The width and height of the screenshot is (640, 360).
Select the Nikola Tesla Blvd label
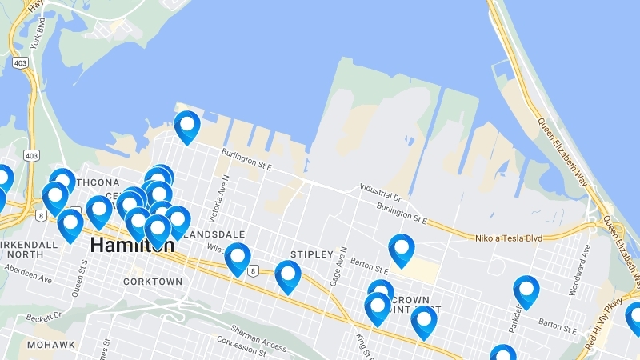(508, 238)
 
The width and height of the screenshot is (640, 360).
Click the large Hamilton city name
(131, 246)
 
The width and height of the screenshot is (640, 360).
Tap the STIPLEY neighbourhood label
(311, 254)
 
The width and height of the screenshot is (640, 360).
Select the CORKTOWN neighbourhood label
(153, 282)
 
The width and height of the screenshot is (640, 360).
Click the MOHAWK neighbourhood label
(50, 345)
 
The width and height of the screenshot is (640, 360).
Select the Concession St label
(239, 350)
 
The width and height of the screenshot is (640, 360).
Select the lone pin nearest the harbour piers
(187, 126)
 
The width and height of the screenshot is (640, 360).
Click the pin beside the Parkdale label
(526, 291)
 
